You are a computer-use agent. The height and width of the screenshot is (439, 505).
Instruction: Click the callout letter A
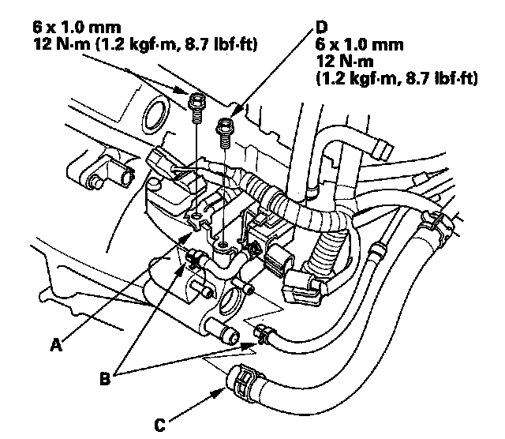(x=56, y=343)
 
